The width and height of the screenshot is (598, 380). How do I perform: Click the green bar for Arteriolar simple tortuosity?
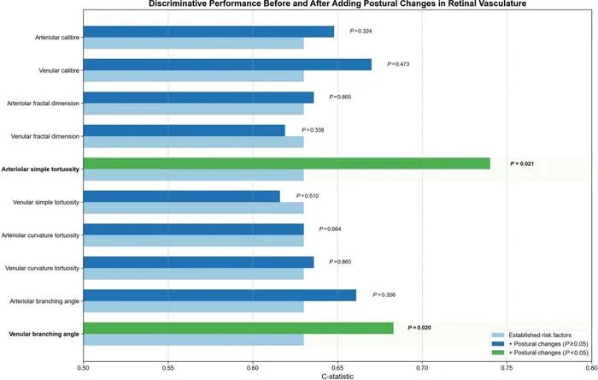(x=287, y=163)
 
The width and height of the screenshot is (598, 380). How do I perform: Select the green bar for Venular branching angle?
(x=238, y=328)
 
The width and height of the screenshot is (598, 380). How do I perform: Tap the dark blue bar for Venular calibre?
(x=227, y=64)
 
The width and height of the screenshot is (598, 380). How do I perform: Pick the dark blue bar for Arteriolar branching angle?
(x=220, y=295)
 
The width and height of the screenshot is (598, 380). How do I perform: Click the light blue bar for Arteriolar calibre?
(x=194, y=43)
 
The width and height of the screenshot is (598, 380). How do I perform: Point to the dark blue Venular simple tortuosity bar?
(x=181, y=196)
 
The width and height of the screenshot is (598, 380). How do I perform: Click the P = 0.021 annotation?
(x=522, y=163)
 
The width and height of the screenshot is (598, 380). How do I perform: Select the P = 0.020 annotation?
(x=419, y=328)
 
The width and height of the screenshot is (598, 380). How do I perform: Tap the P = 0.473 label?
(x=398, y=64)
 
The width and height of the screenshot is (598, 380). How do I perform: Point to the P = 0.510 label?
(x=308, y=196)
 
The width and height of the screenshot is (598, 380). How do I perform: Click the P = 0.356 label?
(x=384, y=294)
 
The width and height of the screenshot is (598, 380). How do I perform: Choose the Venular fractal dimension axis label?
(x=45, y=136)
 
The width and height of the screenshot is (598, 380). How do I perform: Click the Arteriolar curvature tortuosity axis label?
(x=40, y=235)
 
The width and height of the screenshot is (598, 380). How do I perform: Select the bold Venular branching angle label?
(x=44, y=334)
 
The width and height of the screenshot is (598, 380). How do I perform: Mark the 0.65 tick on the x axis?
(x=337, y=368)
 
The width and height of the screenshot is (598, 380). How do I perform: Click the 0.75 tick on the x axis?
(x=507, y=368)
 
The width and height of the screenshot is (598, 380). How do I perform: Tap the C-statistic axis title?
(x=337, y=377)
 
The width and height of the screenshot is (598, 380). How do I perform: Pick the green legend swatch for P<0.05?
(x=498, y=353)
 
